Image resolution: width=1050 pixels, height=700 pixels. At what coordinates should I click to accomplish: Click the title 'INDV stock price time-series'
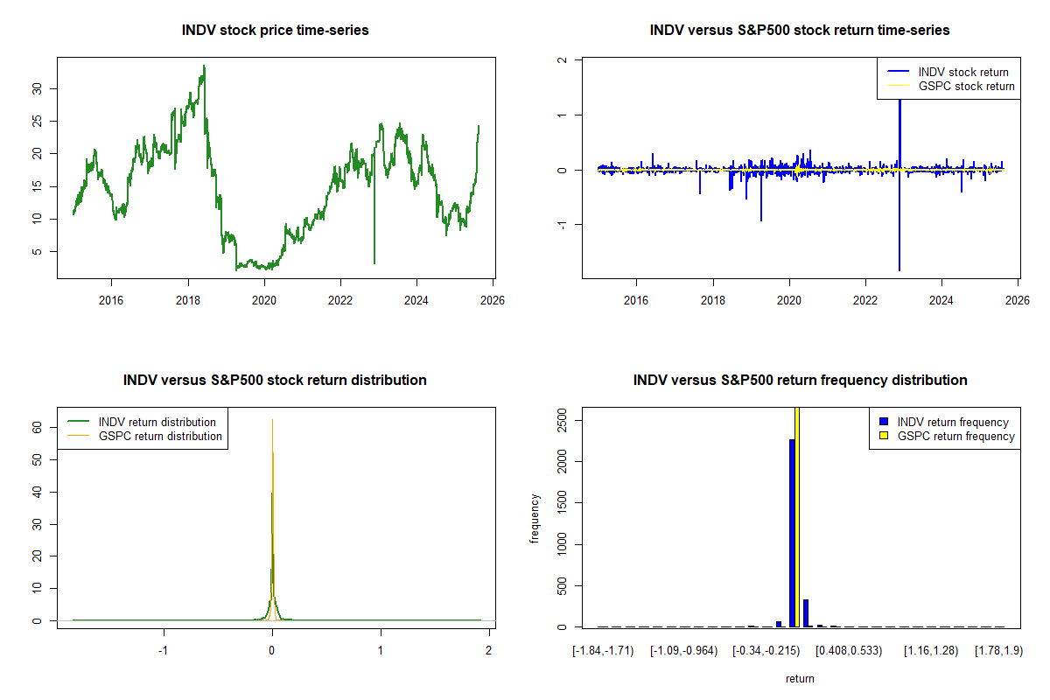click(276, 31)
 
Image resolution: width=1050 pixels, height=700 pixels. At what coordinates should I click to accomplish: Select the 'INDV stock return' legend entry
click(963, 72)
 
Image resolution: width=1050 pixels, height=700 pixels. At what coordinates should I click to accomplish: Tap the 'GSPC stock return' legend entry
click(966, 86)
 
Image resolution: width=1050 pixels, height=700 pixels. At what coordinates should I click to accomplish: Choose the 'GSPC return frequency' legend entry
click(955, 436)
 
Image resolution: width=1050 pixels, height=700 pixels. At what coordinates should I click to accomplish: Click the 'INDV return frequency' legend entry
click(953, 422)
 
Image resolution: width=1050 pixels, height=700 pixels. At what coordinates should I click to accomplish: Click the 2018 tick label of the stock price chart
click(188, 298)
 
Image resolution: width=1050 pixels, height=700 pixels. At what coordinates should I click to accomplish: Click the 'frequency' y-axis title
click(535, 519)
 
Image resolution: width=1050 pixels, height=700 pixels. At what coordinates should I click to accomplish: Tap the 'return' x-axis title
click(800, 678)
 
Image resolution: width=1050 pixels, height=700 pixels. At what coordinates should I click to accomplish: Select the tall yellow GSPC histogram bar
click(797, 516)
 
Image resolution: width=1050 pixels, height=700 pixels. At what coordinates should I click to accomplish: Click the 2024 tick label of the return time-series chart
click(941, 298)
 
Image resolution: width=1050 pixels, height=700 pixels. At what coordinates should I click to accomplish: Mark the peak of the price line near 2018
click(204, 66)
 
